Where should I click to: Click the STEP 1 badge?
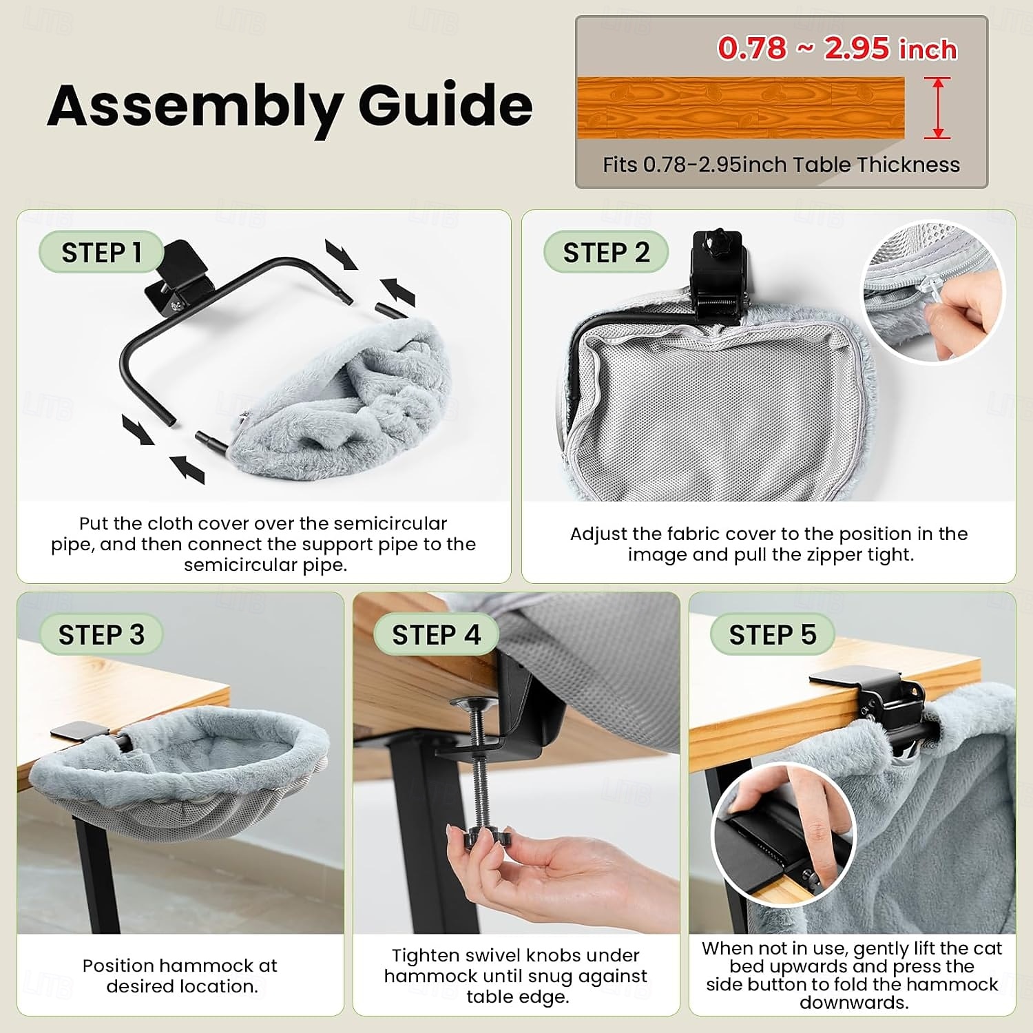(101, 252)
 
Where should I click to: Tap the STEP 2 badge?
(605, 252)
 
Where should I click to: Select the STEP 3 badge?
(101, 634)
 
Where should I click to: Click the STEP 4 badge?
(436, 634)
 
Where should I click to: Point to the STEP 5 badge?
(772, 634)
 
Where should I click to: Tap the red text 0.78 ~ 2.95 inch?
(837, 48)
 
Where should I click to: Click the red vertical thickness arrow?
(937, 107)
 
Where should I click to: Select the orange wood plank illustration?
(740, 108)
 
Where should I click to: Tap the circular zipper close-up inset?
(934, 292)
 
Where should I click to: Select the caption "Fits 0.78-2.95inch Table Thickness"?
(781, 165)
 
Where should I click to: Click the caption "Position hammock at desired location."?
(180, 976)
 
